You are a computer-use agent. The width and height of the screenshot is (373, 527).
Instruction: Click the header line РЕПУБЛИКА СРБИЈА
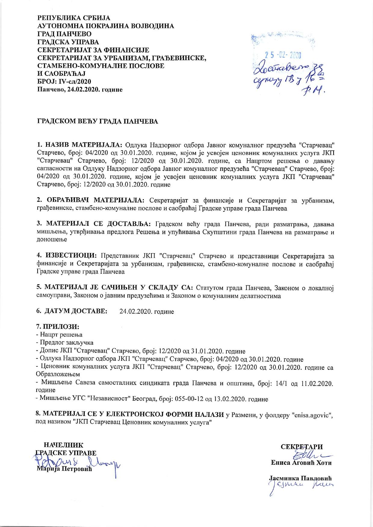(74, 18)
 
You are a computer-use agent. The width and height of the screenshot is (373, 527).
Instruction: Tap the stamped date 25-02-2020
(283, 55)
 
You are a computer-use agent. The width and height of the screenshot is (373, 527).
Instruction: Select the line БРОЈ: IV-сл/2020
(64, 82)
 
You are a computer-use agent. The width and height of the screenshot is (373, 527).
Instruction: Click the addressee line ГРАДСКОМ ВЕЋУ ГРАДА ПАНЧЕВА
(97, 122)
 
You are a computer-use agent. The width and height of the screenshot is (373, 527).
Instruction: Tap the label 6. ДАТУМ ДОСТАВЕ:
(72, 311)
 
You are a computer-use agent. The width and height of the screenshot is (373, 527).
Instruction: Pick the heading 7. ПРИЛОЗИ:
(57, 327)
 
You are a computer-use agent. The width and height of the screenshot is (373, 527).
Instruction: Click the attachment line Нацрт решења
(59, 334)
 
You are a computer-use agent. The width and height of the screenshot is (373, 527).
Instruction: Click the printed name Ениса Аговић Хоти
(301, 463)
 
